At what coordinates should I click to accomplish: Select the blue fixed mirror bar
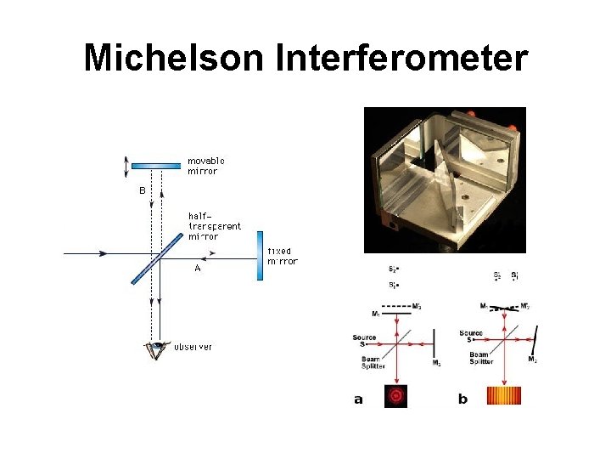(259, 255)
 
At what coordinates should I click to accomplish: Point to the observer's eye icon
(156, 348)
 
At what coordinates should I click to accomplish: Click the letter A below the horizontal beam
(197, 269)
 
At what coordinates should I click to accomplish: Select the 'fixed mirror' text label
(282, 256)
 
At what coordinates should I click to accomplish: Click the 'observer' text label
(193, 347)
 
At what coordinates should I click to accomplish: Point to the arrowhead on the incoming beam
(103, 253)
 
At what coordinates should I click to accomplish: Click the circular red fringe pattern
(396, 396)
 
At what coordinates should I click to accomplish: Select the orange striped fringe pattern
(503, 396)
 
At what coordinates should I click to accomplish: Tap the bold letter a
(358, 399)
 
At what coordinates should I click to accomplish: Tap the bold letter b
(462, 399)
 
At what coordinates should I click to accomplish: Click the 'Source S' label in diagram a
(365, 340)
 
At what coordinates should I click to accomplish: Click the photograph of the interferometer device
(445, 179)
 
